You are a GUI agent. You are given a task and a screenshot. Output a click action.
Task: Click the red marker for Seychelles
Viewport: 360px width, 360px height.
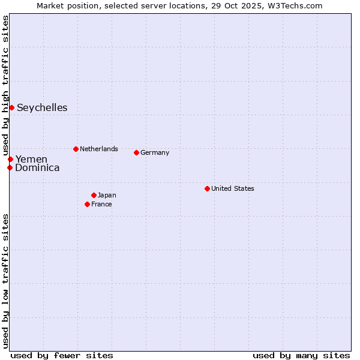(11, 107)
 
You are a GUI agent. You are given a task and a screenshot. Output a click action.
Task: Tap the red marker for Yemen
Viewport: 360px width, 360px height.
(10, 159)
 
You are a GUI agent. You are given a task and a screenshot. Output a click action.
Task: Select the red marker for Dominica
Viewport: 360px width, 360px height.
(10, 167)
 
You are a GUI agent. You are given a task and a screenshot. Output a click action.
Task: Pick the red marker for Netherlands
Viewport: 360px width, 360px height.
(76, 149)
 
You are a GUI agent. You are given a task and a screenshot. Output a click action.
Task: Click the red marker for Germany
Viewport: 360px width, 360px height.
(136, 152)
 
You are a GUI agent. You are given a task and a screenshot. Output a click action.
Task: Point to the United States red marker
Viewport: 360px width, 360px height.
(207, 188)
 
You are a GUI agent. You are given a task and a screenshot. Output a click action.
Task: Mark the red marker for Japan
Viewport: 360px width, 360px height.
(94, 195)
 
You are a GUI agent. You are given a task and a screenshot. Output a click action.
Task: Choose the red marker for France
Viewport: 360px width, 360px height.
(87, 204)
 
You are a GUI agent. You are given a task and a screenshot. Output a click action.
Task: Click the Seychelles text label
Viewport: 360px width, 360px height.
(42, 108)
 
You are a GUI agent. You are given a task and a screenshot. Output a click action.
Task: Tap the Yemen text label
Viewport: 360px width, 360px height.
(31, 160)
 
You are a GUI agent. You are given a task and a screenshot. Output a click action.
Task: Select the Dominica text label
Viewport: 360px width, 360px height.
(37, 168)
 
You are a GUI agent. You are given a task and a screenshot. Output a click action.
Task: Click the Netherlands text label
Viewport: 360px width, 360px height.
(99, 149)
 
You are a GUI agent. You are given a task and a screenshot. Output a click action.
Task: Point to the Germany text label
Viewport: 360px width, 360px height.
(155, 152)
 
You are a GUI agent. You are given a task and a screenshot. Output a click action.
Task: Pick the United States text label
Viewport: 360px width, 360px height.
(233, 188)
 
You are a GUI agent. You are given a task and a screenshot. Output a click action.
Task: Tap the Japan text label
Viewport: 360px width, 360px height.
(107, 195)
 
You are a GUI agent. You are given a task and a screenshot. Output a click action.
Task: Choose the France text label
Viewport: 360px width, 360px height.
(101, 204)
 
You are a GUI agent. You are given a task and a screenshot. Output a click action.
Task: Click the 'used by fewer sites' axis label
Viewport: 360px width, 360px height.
(62, 355)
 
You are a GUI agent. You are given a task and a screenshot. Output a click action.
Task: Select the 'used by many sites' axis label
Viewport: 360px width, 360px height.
(301, 355)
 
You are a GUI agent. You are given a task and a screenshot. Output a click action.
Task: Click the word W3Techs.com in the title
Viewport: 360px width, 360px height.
(295, 5)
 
